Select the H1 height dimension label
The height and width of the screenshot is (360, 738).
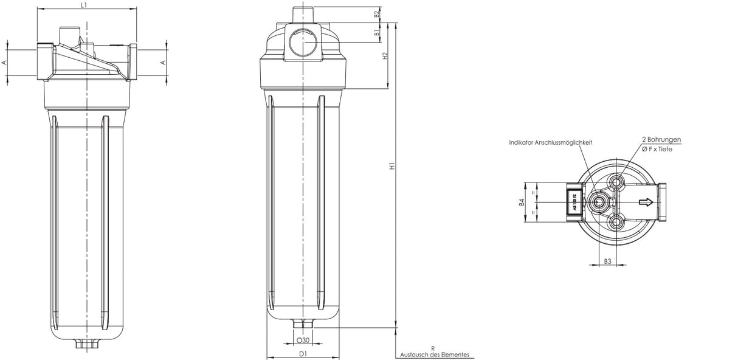tap(393, 165)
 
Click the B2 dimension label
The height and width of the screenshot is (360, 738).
tap(377, 13)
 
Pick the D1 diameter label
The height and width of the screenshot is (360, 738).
tap(302, 353)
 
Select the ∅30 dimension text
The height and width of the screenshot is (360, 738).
tap(302, 341)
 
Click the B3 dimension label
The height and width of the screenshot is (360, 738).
tap(607, 261)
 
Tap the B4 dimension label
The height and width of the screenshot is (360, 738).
tap(522, 202)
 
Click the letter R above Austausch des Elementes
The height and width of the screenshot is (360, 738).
tap(432, 347)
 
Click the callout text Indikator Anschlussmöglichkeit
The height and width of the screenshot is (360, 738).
tap(550, 142)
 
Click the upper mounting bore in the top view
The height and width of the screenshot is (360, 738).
tap(618, 182)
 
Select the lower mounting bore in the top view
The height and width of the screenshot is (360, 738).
tap(618, 224)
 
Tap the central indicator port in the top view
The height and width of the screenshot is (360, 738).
tap(597, 202)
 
